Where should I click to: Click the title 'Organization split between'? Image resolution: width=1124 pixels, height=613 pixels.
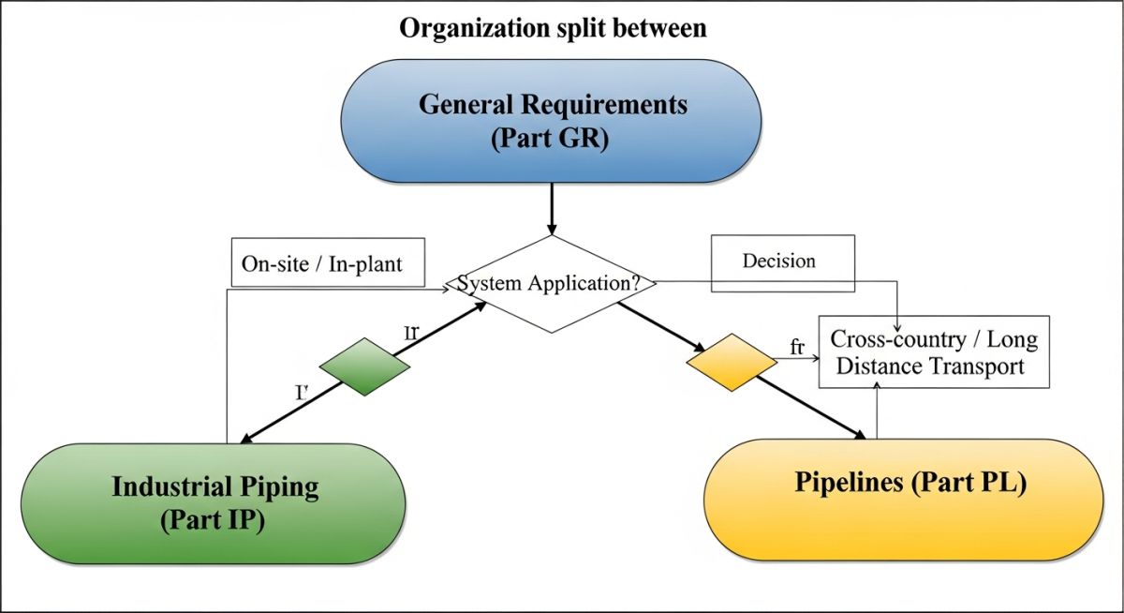pos(553,29)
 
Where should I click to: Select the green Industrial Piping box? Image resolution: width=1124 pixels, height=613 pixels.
pos(214,503)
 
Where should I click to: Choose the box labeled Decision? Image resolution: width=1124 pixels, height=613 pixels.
pos(783,261)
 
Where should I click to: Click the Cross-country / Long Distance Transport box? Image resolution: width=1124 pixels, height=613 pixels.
pos(934,351)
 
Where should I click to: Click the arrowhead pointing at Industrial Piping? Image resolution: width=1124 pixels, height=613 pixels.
pos(248,438)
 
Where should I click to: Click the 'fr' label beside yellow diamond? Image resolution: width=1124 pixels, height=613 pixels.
pos(798,348)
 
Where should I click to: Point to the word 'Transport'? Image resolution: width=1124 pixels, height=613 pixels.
pos(973,366)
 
